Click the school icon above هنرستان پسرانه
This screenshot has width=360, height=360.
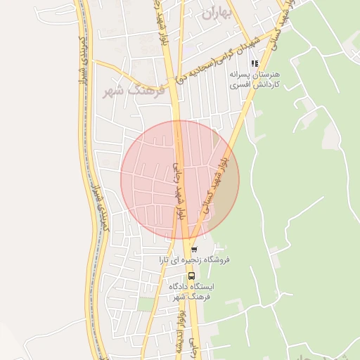(254, 63)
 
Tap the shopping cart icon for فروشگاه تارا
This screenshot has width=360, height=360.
(194, 250)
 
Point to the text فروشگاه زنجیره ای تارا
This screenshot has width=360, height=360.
(198, 260)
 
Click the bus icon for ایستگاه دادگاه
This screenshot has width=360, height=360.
(192, 276)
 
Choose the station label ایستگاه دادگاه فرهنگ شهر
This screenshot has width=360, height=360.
(192, 292)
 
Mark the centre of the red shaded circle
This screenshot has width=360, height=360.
(179, 179)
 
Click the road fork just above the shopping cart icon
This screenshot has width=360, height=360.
(192, 237)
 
